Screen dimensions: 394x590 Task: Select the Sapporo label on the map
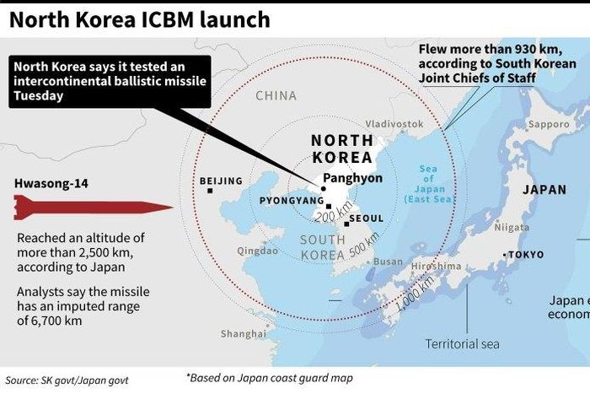point(548,124)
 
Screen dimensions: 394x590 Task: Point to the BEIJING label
point(220,181)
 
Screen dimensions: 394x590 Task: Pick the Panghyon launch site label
point(357,178)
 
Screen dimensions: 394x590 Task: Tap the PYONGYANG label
point(291,201)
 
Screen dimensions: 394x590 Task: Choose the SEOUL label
point(366,219)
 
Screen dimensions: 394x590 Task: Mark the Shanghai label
point(243,334)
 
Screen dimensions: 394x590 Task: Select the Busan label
point(388,262)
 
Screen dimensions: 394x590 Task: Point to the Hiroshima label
point(437,266)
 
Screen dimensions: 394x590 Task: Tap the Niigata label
point(511,227)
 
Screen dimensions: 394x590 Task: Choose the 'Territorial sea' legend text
point(462,343)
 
